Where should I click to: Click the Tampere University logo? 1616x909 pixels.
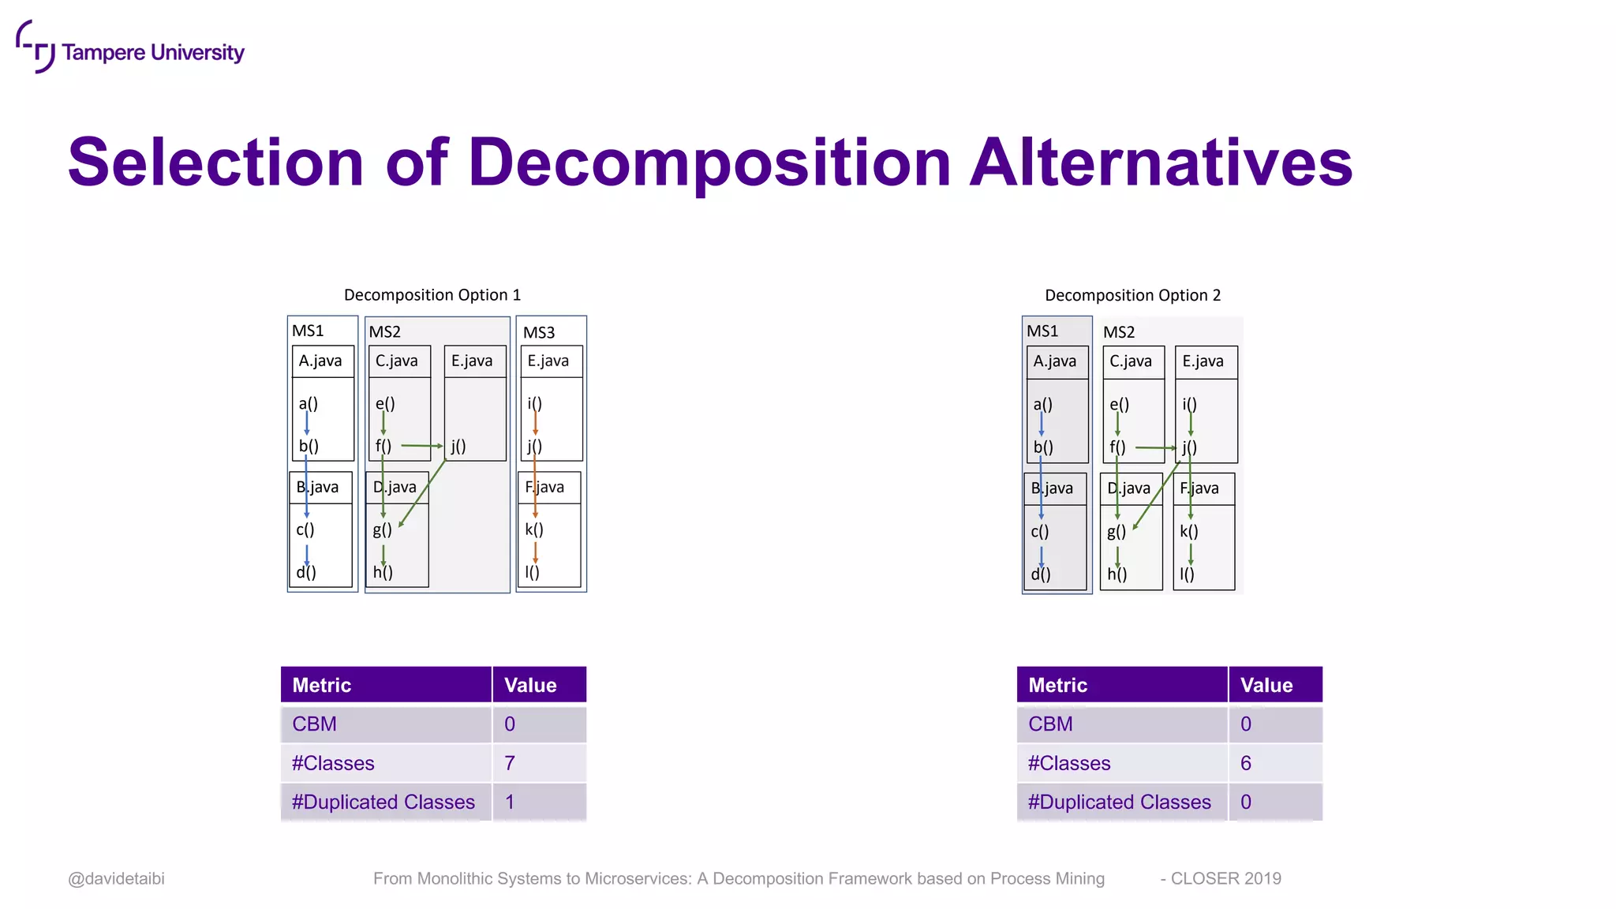click(130, 49)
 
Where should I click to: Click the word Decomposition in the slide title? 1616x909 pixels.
click(709, 163)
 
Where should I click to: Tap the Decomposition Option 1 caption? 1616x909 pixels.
click(432, 295)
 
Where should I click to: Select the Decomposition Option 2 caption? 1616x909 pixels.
click(1132, 295)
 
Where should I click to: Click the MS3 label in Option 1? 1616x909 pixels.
click(539, 332)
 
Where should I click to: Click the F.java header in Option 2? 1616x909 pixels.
click(1199, 488)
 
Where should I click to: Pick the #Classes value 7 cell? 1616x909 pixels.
click(539, 763)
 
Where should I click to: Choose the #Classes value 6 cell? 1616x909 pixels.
click(1274, 763)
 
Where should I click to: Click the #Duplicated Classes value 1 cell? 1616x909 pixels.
click(539, 802)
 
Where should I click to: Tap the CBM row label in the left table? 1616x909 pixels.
click(315, 724)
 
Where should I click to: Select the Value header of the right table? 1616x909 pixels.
click(1266, 685)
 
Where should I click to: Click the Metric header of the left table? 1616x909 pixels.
click(322, 685)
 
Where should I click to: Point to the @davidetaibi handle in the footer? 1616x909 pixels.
click(117, 878)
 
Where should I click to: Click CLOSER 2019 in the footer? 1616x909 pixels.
click(1225, 878)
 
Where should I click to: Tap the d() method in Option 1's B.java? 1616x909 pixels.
click(306, 572)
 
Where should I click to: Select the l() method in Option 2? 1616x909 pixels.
click(1188, 574)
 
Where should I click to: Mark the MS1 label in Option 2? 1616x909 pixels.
click(1042, 331)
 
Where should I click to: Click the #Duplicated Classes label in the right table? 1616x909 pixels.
click(1119, 802)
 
